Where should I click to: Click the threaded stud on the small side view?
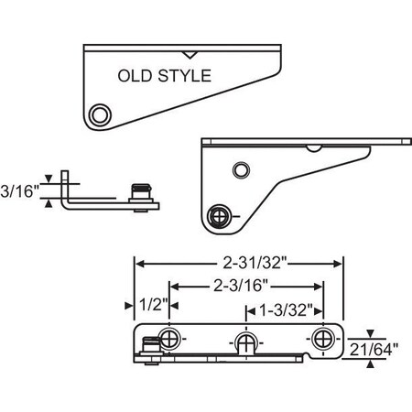coord(140,194)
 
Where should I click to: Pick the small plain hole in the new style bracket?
coord(240,170)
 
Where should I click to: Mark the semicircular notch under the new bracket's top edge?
coord(313,146)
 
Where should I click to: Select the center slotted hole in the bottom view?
coord(244,342)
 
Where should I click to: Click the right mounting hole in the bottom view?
coord(321,339)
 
